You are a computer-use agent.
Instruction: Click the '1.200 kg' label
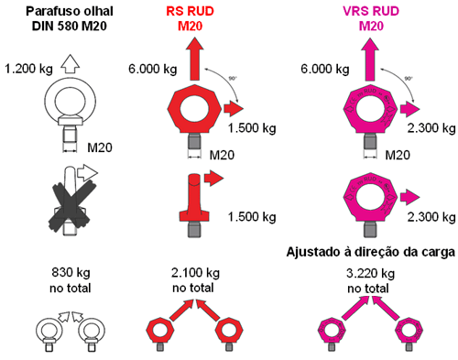pos(27,68)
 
